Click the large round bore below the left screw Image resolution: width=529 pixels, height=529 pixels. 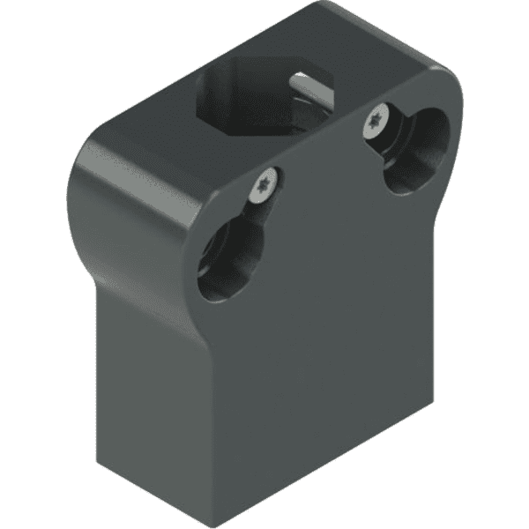click(x=231, y=260)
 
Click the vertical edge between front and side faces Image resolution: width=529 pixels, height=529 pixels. click(x=203, y=414)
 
